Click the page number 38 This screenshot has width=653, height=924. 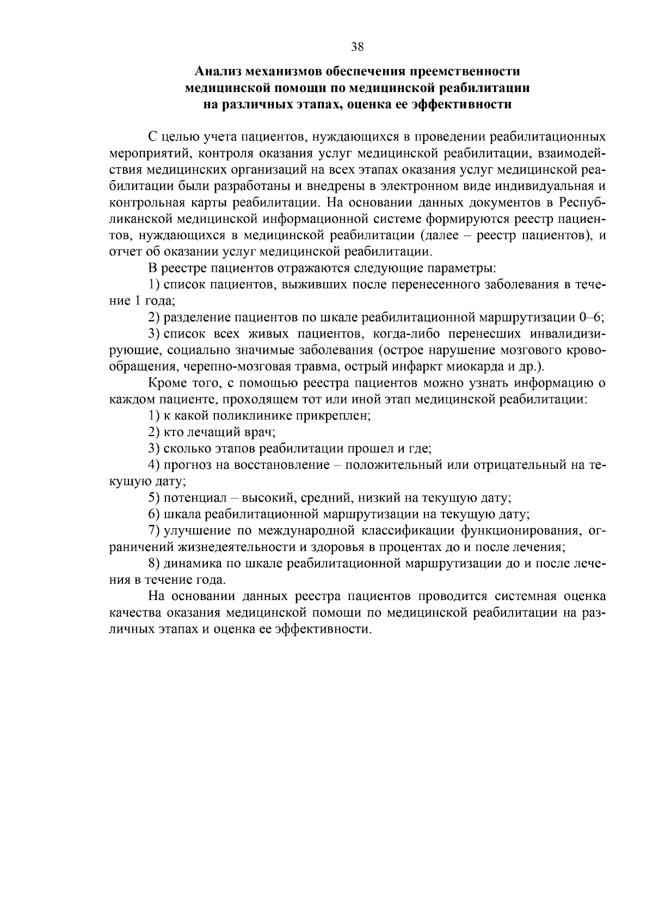[357, 47]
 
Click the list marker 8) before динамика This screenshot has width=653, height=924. [154, 563]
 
